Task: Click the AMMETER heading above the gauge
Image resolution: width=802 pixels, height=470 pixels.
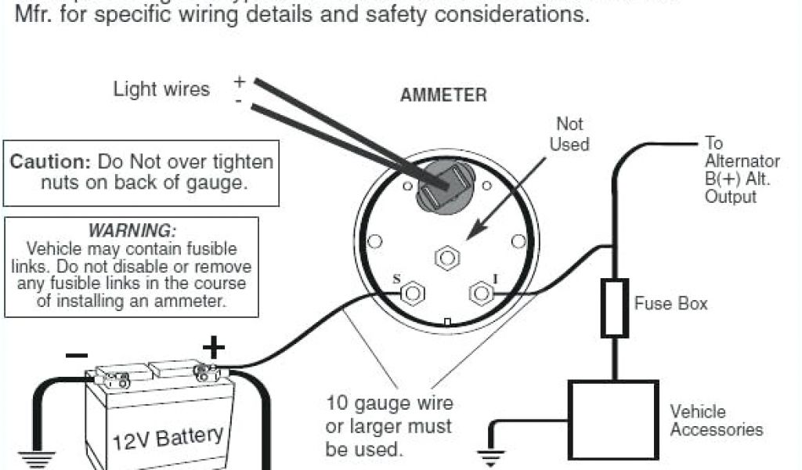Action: pyautogui.click(x=443, y=96)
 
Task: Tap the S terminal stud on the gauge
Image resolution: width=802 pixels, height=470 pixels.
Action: pyautogui.click(x=413, y=294)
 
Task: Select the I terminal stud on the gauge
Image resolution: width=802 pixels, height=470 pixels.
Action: pyautogui.click(x=479, y=294)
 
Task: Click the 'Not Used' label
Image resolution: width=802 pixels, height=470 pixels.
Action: pyautogui.click(x=569, y=134)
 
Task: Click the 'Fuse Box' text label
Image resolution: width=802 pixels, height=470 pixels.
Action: pyautogui.click(x=670, y=303)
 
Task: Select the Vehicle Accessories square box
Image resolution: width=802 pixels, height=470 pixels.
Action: pyautogui.click(x=612, y=420)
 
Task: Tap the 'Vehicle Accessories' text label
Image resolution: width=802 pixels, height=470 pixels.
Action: pyautogui.click(x=715, y=420)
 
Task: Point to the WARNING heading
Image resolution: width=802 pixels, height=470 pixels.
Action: pyautogui.click(x=132, y=231)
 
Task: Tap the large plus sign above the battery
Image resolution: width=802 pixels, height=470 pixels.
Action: pyautogui.click(x=214, y=346)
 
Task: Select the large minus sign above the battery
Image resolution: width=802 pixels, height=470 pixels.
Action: pyautogui.click(x=77, y=355)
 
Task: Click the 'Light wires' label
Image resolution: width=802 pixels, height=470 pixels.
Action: pyautogui.click(x=161, y=89)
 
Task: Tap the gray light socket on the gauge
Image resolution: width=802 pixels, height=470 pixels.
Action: pyautogui.click(x=440, y=187)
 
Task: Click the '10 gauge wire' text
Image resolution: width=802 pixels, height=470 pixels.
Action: pyautogui.click(x=389, y=404)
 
